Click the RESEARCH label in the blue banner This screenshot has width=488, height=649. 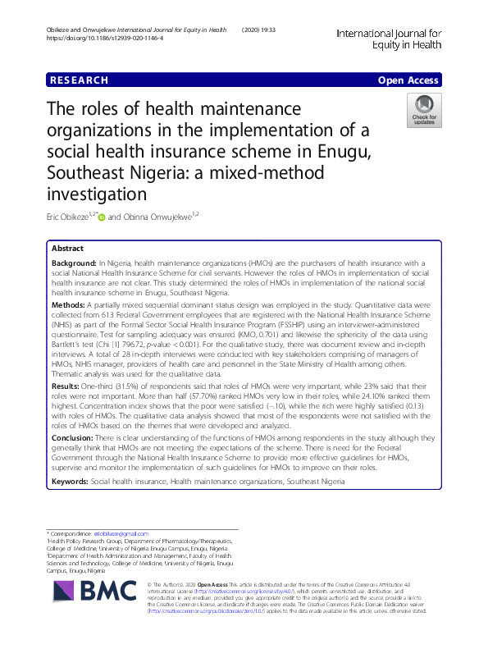pos(79,80)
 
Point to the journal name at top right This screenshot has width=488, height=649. pos(389,35)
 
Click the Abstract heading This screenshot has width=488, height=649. pos(67,248)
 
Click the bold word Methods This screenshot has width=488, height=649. pos(70,303)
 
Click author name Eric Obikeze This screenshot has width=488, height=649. pos(68,217)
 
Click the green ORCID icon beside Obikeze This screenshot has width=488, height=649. pos(102,217)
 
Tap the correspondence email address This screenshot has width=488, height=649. pos(116,534)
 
